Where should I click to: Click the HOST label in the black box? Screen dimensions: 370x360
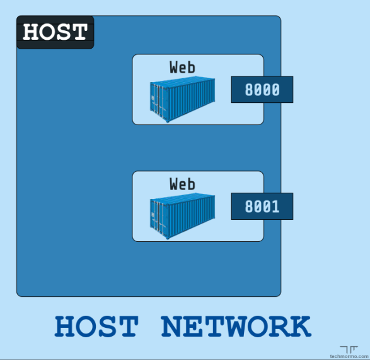tap(55, 32)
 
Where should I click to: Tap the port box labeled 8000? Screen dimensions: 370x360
tap(262, 89)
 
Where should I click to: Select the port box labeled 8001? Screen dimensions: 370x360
tap(262, 206)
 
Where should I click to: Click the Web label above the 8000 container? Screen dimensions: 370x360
tap(182, 67)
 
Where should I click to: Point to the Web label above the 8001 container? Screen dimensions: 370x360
tap(182, 184)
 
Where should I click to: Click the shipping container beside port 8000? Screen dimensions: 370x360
tap(182, 99)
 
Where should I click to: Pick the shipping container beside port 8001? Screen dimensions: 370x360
tap(182, 216)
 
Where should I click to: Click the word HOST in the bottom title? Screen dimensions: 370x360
tap(96, 326)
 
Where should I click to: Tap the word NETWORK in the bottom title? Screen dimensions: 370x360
tap(236, 326)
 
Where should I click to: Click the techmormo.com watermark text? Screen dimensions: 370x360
tap(349, 356)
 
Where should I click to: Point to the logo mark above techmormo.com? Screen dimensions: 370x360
tap(349, 349)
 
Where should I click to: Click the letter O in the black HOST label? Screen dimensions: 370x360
tap(47, 32)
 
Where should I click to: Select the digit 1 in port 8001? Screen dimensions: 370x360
tap(275, 207)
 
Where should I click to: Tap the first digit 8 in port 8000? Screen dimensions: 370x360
tap(249, 90)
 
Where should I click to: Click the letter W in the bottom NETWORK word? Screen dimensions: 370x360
tap(238, 326)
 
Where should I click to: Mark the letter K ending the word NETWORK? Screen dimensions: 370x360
tap(301, 326)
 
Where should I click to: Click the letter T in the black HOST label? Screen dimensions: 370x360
tap(79, 32)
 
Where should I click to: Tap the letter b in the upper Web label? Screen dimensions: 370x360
tap(192, 67)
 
